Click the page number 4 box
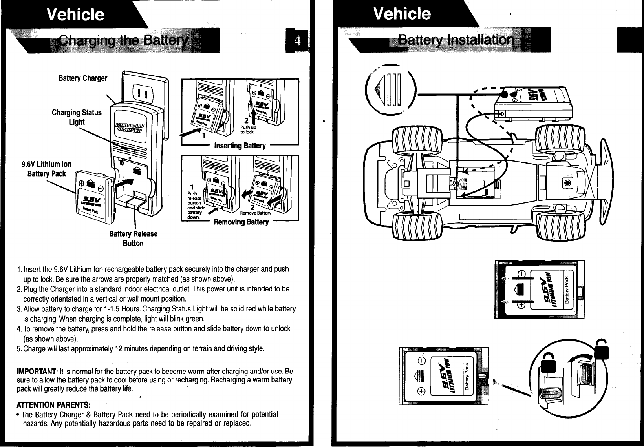coord(302,41)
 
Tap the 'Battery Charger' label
coord(82,78)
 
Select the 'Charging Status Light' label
coord(77,117)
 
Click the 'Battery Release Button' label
coord(133,239)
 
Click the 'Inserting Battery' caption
coord(240,146)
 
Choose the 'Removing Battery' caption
coord(241,222)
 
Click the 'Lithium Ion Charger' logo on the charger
coord(129,128)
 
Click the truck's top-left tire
coord(412,138)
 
